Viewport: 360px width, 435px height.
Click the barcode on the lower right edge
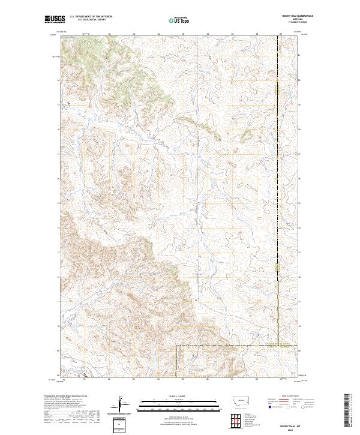pos(348,412)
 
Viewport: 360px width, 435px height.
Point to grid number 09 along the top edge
pos(281,34)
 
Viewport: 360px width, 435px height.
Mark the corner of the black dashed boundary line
pos(176,346)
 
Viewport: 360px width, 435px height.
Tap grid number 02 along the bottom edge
pos(109,379)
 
